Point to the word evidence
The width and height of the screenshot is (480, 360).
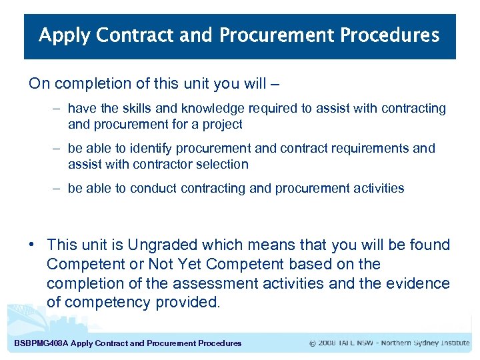tap(419, 283)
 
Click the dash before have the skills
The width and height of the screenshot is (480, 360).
tap(58, 108)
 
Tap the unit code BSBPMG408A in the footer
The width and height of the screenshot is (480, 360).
tap(41, 343)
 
